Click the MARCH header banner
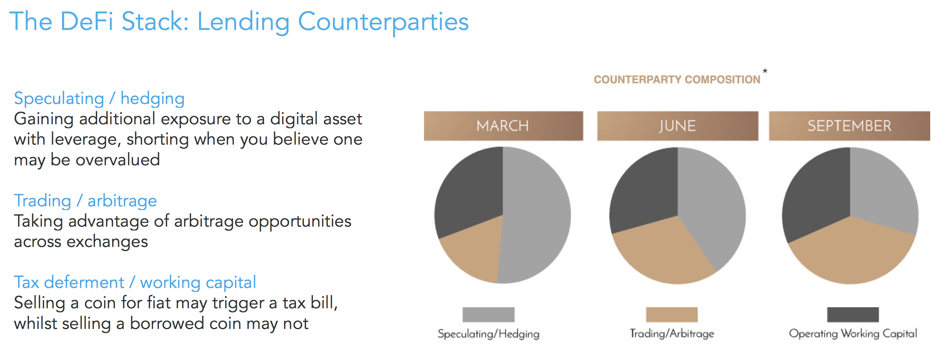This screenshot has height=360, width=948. point(503,126)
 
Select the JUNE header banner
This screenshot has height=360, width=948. point(677,126)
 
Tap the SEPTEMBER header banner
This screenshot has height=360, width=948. point(849,126)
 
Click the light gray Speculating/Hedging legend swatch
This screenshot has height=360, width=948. point(489,315)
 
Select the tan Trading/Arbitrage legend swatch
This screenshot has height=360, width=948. point(672,315)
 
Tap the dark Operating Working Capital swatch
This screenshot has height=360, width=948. point(853,315)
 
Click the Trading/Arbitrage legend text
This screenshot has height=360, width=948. point(672,334)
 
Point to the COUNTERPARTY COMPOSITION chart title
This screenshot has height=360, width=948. point(677,79)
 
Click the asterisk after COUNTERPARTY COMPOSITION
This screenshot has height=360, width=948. point(765,71)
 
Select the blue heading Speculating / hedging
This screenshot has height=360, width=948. point(99,99)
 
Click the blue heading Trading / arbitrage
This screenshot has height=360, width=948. point(85,201)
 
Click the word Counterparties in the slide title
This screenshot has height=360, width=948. point(383,22)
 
